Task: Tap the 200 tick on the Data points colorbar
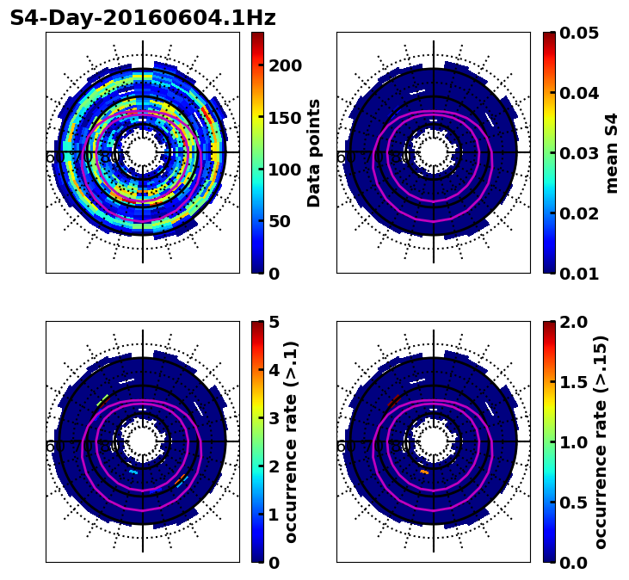tap(287, 65)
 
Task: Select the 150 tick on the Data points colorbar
tap(287, 117)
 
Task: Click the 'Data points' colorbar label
tap(314, 152)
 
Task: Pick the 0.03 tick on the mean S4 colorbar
tap(579, 153)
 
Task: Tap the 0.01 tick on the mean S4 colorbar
tap(579, 273)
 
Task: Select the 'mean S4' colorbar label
tap(612, 152)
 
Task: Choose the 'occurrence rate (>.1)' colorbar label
tap(291, 441)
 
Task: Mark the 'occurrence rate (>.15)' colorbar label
tap(601, 441)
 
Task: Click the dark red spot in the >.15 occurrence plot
tap(393, 401)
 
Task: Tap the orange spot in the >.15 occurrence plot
tap(423, 472)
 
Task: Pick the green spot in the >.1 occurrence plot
tap(102, 401)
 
